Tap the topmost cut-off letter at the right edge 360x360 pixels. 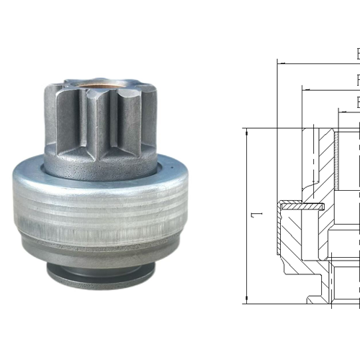[357, 54]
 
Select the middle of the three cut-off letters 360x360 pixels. [357, 80]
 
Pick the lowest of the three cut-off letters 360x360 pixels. [357, 103]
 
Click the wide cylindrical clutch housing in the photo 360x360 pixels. [101, 216]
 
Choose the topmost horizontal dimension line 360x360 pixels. [317, 63]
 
